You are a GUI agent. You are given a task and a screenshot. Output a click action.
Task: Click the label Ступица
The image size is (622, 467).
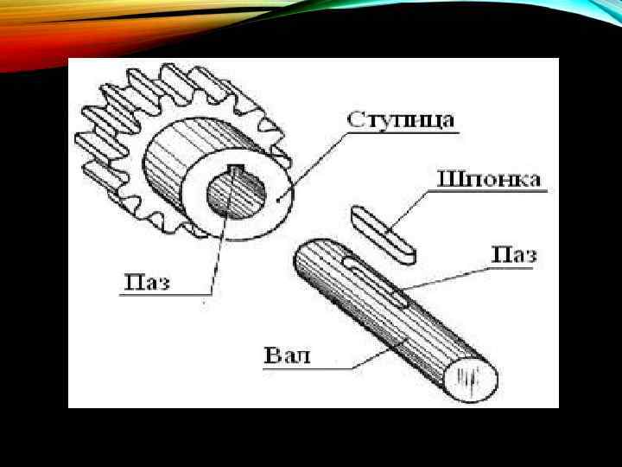401,120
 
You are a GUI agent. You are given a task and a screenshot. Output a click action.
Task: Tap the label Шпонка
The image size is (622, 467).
490,180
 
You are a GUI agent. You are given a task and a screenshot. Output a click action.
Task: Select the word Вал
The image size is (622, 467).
286,355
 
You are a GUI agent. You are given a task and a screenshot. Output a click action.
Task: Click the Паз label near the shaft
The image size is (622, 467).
514,255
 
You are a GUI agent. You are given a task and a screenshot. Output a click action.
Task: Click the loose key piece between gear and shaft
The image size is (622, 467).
383,233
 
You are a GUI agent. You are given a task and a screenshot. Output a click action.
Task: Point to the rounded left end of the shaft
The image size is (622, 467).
304,259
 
